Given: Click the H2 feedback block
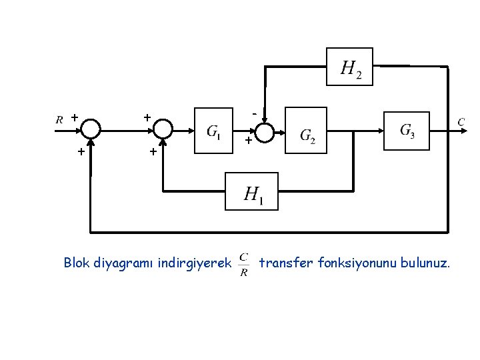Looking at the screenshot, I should (x=349, y=66).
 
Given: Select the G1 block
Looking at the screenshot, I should (x=214, y=131).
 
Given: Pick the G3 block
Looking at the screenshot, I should (x=407, y=130).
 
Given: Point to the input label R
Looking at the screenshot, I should (x=59, y=120).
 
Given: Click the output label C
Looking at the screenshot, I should (x=460, y=121).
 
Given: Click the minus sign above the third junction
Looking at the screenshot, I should (x=254, y=114).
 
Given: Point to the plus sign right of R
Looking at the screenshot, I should (x=74, y=117).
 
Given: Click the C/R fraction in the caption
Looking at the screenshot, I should (x=244, y=264).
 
